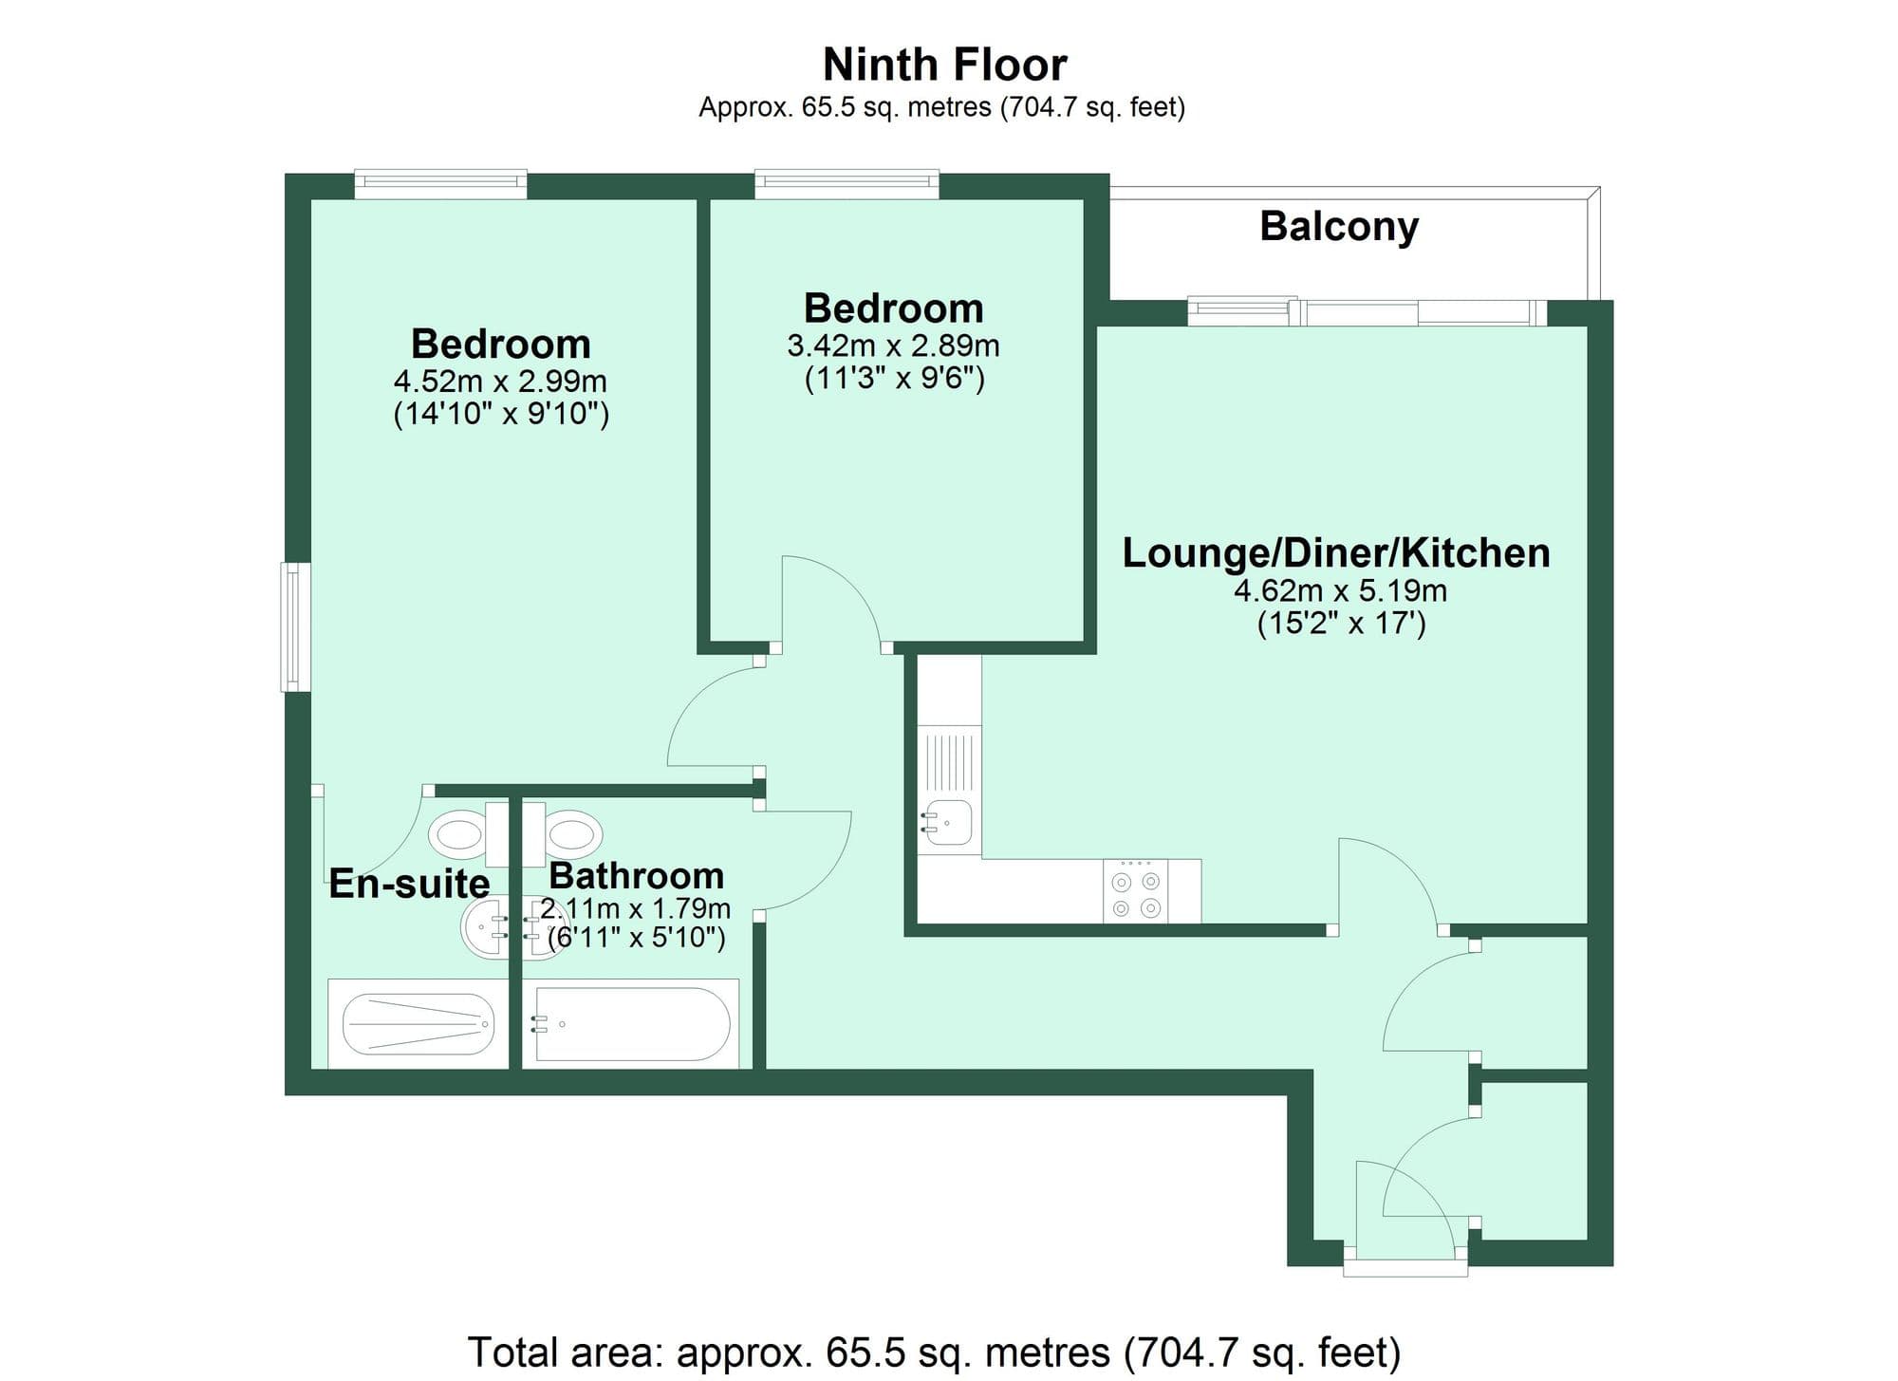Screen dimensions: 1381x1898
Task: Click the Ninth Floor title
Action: coord(944,65)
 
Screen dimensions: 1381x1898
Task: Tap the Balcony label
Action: coord(1338,226)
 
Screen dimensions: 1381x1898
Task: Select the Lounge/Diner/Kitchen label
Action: coord(1336,552)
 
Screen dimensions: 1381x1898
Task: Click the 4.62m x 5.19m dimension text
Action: coord(1340,590)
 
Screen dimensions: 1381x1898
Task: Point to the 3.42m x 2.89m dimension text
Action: coord(893,345)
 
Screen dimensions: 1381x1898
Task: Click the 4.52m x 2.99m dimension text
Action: coord(500,382)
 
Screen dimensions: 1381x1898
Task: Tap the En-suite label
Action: coord(409,884)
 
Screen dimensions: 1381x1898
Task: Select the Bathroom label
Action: coord(636,874)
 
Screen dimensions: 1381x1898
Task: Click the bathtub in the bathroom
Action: coord(631,1024)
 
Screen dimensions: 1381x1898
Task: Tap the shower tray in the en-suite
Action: coord(418,1024)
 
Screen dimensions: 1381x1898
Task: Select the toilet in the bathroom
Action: coord(571,834)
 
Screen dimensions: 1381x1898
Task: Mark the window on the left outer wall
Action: coord(295,626)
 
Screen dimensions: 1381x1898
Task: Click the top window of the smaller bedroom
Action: coord(847,183)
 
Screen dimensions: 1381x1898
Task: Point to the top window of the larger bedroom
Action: coord(440,183)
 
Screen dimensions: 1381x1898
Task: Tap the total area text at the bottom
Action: coord(934,1352)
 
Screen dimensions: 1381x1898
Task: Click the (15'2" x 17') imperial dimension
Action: coord(1341,625)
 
